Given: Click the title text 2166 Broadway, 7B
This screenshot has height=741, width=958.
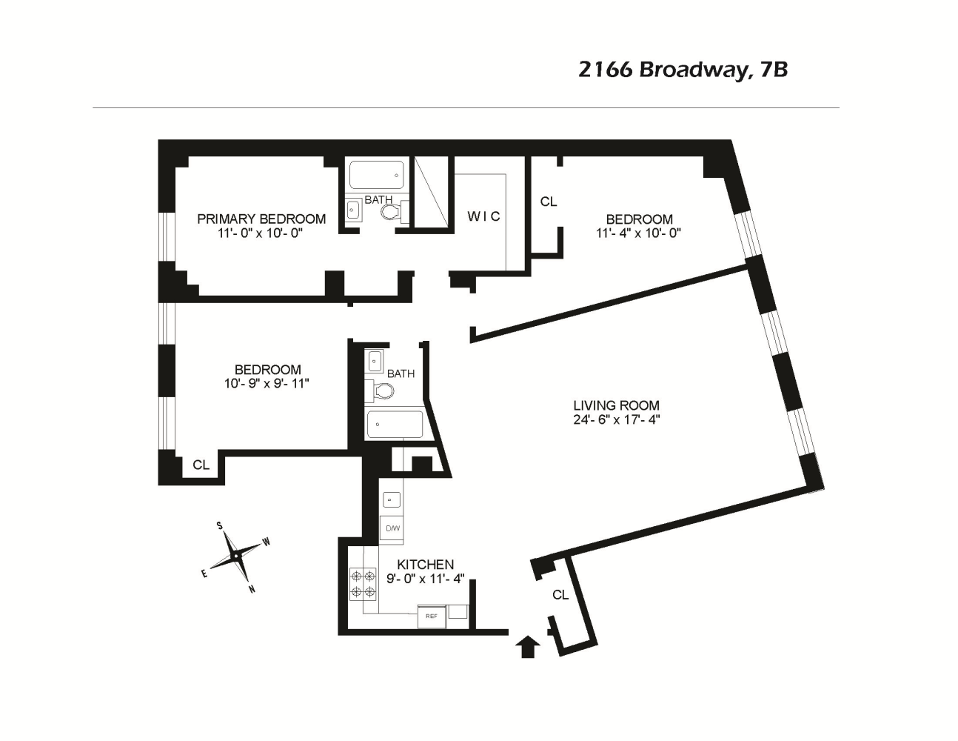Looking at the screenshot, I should [x=682, y=70].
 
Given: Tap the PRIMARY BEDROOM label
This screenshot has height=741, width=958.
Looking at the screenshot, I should [x=261, y=219].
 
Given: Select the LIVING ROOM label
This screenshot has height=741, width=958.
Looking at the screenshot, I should [x=616, y=405].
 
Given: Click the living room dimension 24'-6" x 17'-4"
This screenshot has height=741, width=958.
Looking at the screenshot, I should [x=616, y=419].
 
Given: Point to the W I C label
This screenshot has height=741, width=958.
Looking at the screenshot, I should [x=483, y=216].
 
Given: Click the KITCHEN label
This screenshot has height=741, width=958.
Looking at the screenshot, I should [x=425, y=565].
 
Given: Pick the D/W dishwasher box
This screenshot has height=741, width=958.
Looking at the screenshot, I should [x=392, y=528].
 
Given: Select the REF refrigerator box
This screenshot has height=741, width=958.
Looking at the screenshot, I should [x=431, y=616].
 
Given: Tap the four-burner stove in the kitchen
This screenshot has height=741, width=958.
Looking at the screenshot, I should [x=363, y=584].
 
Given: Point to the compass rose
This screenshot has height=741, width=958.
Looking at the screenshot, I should [x=235, y=555].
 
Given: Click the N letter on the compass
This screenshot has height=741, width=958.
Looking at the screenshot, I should [x=252, y=590].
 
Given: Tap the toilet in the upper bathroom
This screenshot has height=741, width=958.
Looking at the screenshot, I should [x=391, y=213].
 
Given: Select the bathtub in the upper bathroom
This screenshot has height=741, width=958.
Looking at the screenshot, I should [x=376, y=176].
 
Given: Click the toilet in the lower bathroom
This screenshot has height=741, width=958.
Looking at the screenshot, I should [x=381, y=391].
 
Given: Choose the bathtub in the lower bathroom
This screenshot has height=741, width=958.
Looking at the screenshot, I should [x=395, y=425].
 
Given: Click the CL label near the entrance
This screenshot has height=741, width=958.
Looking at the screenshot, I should [x=560, y=595].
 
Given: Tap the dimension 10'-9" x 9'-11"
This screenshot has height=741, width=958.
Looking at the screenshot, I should [x=267, y=384].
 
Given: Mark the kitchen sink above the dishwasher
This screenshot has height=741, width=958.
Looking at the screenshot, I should [x=391, y=499].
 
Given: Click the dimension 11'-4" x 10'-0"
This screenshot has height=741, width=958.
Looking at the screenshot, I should [x=638, y=233].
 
